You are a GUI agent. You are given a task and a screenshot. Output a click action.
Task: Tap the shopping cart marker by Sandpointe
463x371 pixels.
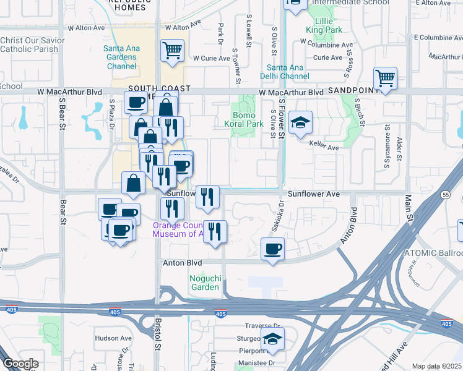coord(385,79)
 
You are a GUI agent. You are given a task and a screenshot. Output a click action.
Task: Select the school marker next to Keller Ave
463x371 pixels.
coord(300,122)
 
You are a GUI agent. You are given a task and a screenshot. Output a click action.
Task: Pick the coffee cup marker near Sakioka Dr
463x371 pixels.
coord(272,249)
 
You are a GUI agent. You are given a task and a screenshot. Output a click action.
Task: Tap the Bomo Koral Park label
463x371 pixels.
coord(248,119)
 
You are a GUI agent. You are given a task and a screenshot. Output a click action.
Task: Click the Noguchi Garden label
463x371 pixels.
coord(204,283)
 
